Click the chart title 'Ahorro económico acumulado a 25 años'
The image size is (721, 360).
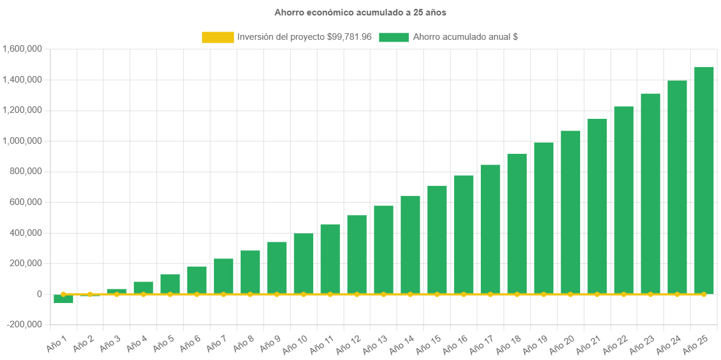(x=360, y=12)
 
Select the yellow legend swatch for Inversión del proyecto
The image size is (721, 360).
(x=218, y=37)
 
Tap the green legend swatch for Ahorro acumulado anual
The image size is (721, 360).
(x=393, y=37)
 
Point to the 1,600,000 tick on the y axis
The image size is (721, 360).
(x=22, y=49)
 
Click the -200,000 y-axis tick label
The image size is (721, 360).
(x=24, y=324)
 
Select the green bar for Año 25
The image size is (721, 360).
(x=704, y=178)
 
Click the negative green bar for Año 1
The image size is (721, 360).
(x=63, y=299)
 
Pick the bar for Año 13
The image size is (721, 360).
(x=383, y=250)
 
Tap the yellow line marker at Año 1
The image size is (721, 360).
(x=63, y=294)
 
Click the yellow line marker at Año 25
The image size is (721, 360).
(x=704, y=294)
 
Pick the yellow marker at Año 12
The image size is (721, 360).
(x=357, y=294)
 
